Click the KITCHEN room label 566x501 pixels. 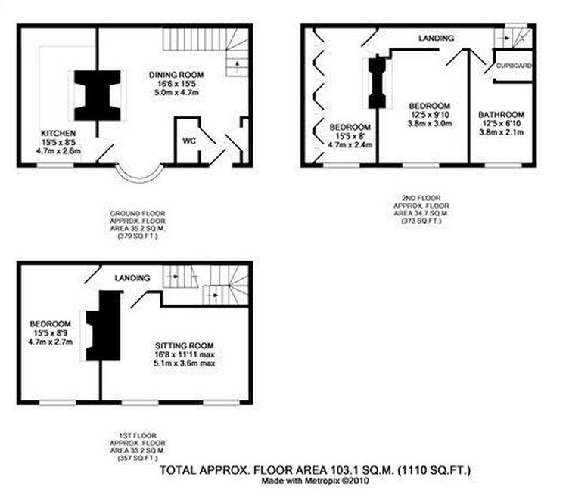(x=58, y=133)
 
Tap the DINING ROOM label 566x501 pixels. (x=176, y=75)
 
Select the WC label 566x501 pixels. (x=189, y=141)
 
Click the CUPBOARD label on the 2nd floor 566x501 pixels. (x=514, y=66)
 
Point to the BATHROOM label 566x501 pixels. (x=502, y=115)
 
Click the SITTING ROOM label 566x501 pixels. (x=184, y=345)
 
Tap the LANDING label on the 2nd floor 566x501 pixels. (x=436, y=38)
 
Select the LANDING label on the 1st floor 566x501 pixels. (x=132, y=278)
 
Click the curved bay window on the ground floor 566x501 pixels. (x=139, y=178)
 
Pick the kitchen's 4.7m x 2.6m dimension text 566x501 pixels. (x=58, y=151)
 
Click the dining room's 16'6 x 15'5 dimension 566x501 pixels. (x=176, y=84)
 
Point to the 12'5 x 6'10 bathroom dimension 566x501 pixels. (x=502, y=123)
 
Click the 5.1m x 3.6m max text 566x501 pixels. (x=184, y=363)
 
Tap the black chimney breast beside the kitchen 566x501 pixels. (x=98, y=95)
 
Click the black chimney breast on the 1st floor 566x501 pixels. (x=104, y=326)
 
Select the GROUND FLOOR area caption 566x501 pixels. (x=138, y=225)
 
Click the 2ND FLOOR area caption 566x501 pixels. (x=421, y=209)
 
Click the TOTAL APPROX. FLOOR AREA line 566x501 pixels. (x=316, y=470)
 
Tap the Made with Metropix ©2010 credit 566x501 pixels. (x=316, y=481)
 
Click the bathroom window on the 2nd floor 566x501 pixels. (x=503, y=165)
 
